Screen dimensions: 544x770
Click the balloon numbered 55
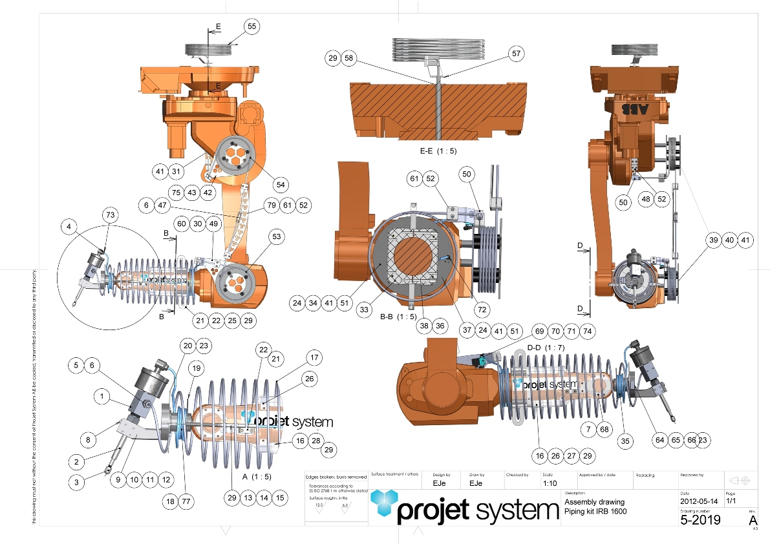(x=252, y=26)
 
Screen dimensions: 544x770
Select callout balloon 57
(x=515, y=54)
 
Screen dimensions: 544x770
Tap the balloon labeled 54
(x=281, y=185)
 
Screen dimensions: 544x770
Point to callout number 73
(x=111, y=214)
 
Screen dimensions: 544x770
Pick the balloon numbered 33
(x=365, y=310)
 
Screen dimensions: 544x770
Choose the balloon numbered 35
(x=625, y=441)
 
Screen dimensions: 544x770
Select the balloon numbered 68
(x=604, y=429)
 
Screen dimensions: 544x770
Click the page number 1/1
(x=731, y=501)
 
